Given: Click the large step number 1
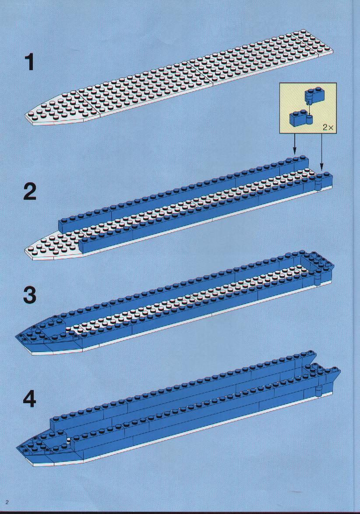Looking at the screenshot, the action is tap(30, 62).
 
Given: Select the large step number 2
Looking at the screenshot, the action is tap(30, 191).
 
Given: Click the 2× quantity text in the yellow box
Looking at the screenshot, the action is tap(328, 128).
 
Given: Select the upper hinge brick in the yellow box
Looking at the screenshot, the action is tap(314, 95).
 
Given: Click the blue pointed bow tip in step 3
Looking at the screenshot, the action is tap(16, 337).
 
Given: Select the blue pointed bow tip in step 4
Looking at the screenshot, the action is tap(17, 448).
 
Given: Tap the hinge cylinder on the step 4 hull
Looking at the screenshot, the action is tap(318, 391).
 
